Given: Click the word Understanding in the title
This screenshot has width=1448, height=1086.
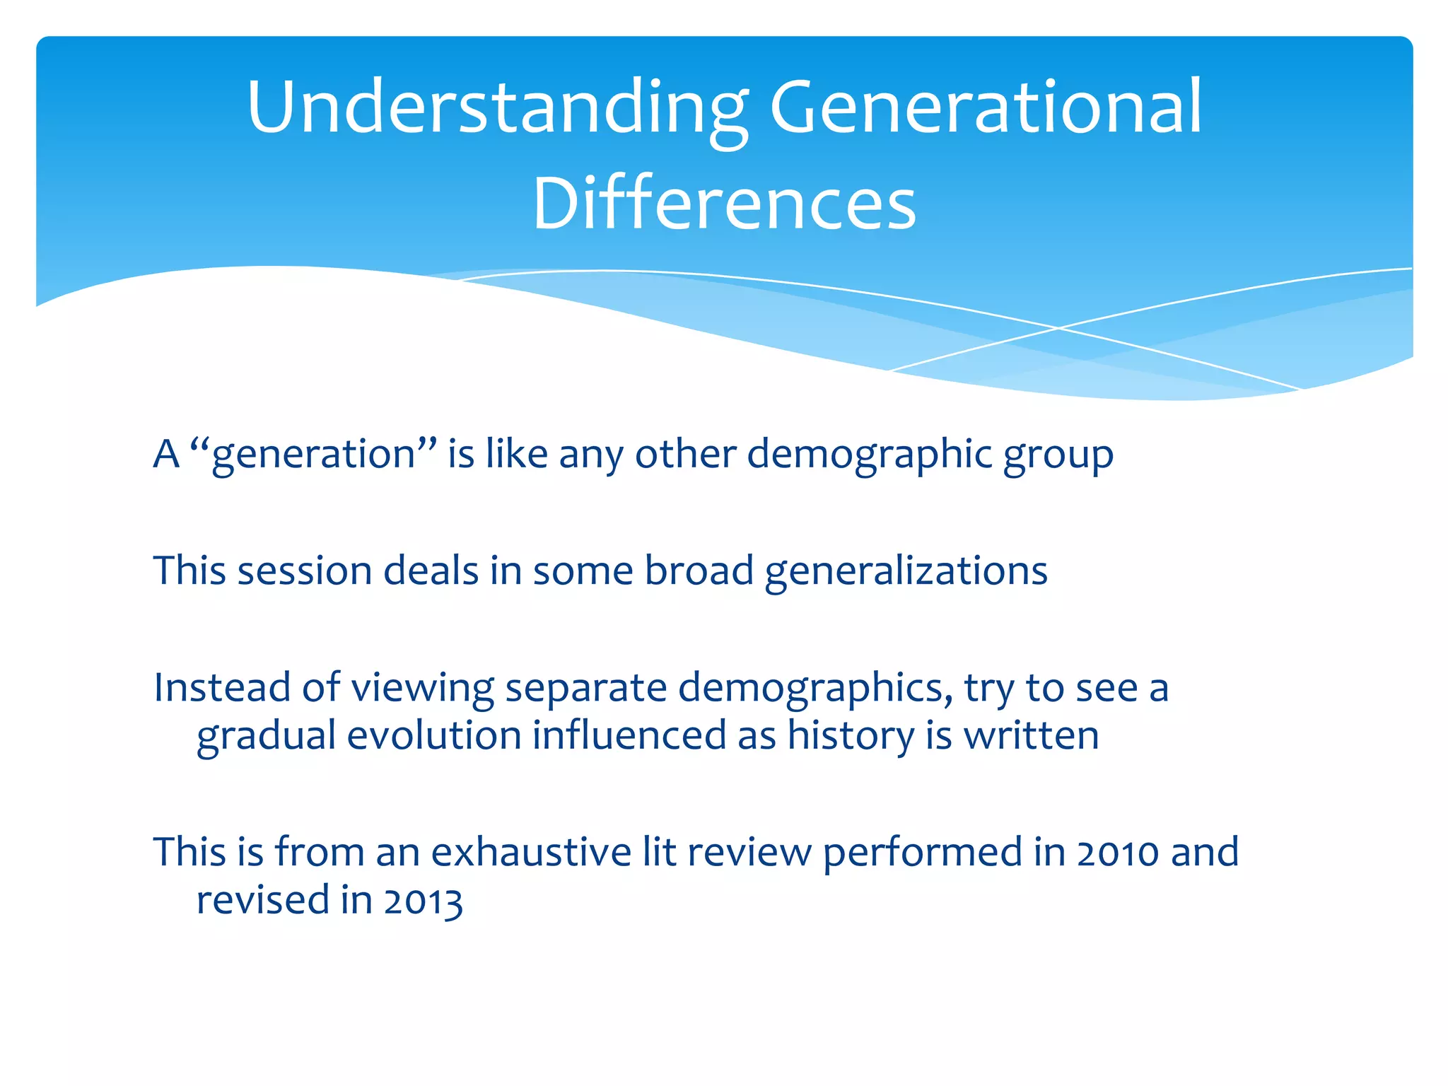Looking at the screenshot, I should [x=497, y=107].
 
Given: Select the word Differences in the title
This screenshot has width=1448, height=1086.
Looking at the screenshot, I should [x=724, y=204].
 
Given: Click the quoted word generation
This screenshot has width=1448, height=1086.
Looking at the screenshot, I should [x=313, y=455].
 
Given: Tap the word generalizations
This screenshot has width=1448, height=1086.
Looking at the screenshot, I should [x=906, y=571].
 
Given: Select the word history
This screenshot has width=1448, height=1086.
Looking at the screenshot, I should [x=851, y=735].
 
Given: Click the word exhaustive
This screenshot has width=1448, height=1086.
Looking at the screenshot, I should [x=530, y=851].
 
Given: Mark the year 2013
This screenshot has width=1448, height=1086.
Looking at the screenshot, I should [x=423, y=901].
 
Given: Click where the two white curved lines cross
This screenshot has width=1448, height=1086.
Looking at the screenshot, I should [x=1058, y=328].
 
